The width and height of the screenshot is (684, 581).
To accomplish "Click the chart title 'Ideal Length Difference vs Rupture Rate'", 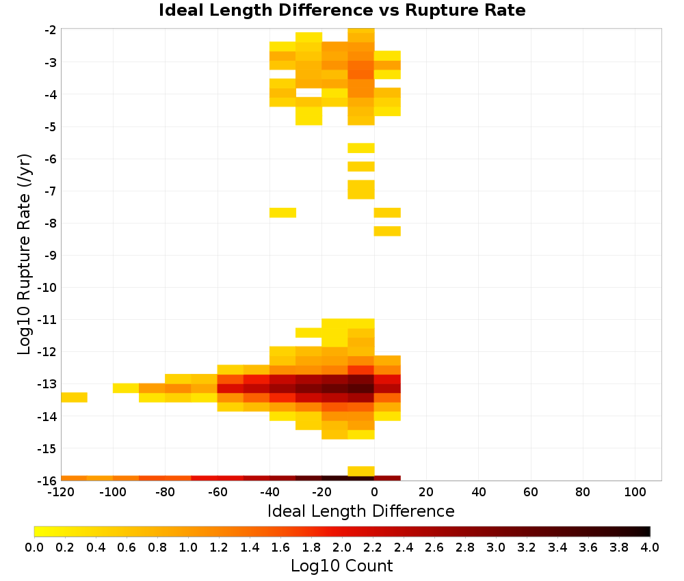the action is coord(342,10).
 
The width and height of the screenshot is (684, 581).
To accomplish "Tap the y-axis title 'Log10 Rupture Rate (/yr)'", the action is coord(24,254).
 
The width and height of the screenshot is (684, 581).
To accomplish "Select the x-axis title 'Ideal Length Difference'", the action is coord(360,511).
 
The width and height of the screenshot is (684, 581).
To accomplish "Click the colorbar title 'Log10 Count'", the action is coord(341,566).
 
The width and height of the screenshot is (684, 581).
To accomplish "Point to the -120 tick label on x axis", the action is coord(61,493).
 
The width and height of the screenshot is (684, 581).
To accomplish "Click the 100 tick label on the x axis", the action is coord(635,493).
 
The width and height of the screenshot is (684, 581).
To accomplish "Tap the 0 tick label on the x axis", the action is coord(374,493).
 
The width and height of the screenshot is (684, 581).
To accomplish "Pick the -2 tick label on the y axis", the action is coord(50,30).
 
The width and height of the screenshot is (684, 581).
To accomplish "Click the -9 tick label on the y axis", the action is coord(50,256).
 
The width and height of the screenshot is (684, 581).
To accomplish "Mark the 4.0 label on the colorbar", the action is coord(650,547).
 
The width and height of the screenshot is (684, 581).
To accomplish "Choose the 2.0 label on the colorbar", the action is coord(342,547).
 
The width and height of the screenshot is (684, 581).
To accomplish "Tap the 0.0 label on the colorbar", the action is coord(34,547).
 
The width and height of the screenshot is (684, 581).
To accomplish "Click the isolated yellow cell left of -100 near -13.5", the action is coord(74,398).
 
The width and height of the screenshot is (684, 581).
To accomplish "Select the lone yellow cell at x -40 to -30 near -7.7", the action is coord(282,213).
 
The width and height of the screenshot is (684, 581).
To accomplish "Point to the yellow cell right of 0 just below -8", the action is coord(387,231).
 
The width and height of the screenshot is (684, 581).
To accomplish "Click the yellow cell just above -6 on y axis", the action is coord(361,148).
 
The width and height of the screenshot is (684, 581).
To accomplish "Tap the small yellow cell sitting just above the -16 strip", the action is coord(361,471).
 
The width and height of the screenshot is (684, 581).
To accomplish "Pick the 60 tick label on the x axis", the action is coord(531,493).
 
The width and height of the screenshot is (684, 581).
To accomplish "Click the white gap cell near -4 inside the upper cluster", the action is coord(309,93).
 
